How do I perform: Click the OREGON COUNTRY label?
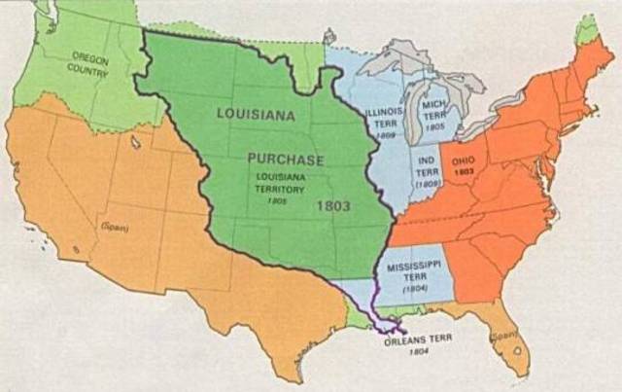point(89,66)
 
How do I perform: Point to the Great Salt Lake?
point(132,143)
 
